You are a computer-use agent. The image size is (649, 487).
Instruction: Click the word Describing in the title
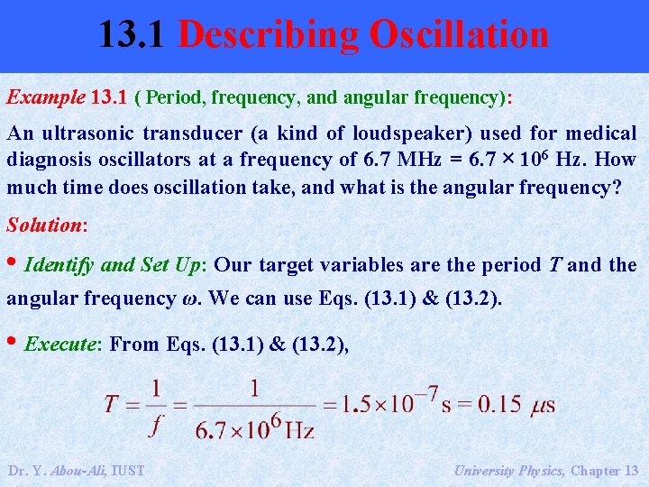270,35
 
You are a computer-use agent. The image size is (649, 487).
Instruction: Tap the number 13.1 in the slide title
133,35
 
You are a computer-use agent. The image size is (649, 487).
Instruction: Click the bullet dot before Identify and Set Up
13,264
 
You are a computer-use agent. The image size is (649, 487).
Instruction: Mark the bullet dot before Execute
13,344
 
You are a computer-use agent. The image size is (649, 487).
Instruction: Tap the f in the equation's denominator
156,422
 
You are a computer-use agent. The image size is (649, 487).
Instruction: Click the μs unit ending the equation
542,403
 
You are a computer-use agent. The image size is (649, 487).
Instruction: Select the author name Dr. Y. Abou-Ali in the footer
76,470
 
